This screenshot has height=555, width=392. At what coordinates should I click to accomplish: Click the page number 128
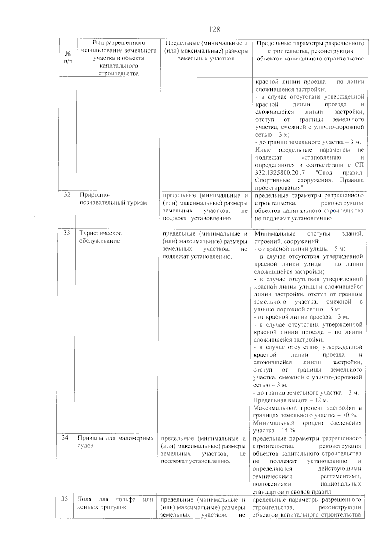pos(214,30)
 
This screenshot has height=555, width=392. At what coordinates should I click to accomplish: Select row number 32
pos(67,195)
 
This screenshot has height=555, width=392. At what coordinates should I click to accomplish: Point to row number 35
pos(64,499)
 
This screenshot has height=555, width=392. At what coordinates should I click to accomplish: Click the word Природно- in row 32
pos(95,195)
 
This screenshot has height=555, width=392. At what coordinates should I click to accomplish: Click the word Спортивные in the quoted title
pos(274,180)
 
